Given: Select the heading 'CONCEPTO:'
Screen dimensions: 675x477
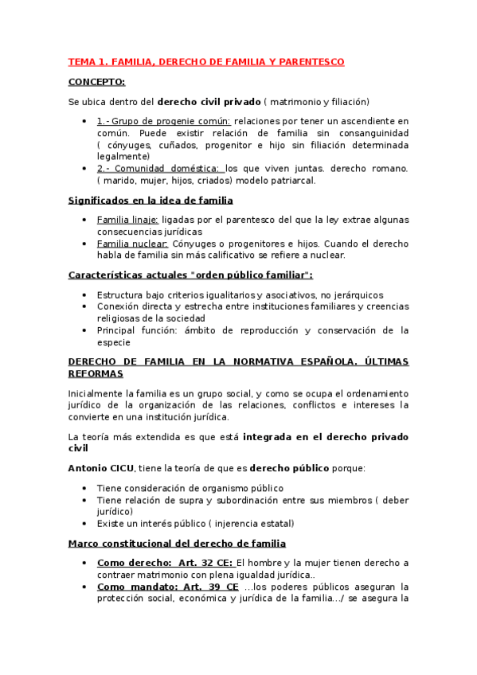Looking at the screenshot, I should (96, 82).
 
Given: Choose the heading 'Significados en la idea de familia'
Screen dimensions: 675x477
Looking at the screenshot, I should (151, 201).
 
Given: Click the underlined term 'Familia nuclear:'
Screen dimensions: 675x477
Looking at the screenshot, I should (132, 244).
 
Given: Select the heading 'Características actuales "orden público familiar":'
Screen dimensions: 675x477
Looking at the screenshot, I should (190, 275).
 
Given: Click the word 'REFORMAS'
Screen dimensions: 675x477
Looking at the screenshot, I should (96, 373).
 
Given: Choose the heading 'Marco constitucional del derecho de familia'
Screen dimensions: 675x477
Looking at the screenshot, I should (177, 544).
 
